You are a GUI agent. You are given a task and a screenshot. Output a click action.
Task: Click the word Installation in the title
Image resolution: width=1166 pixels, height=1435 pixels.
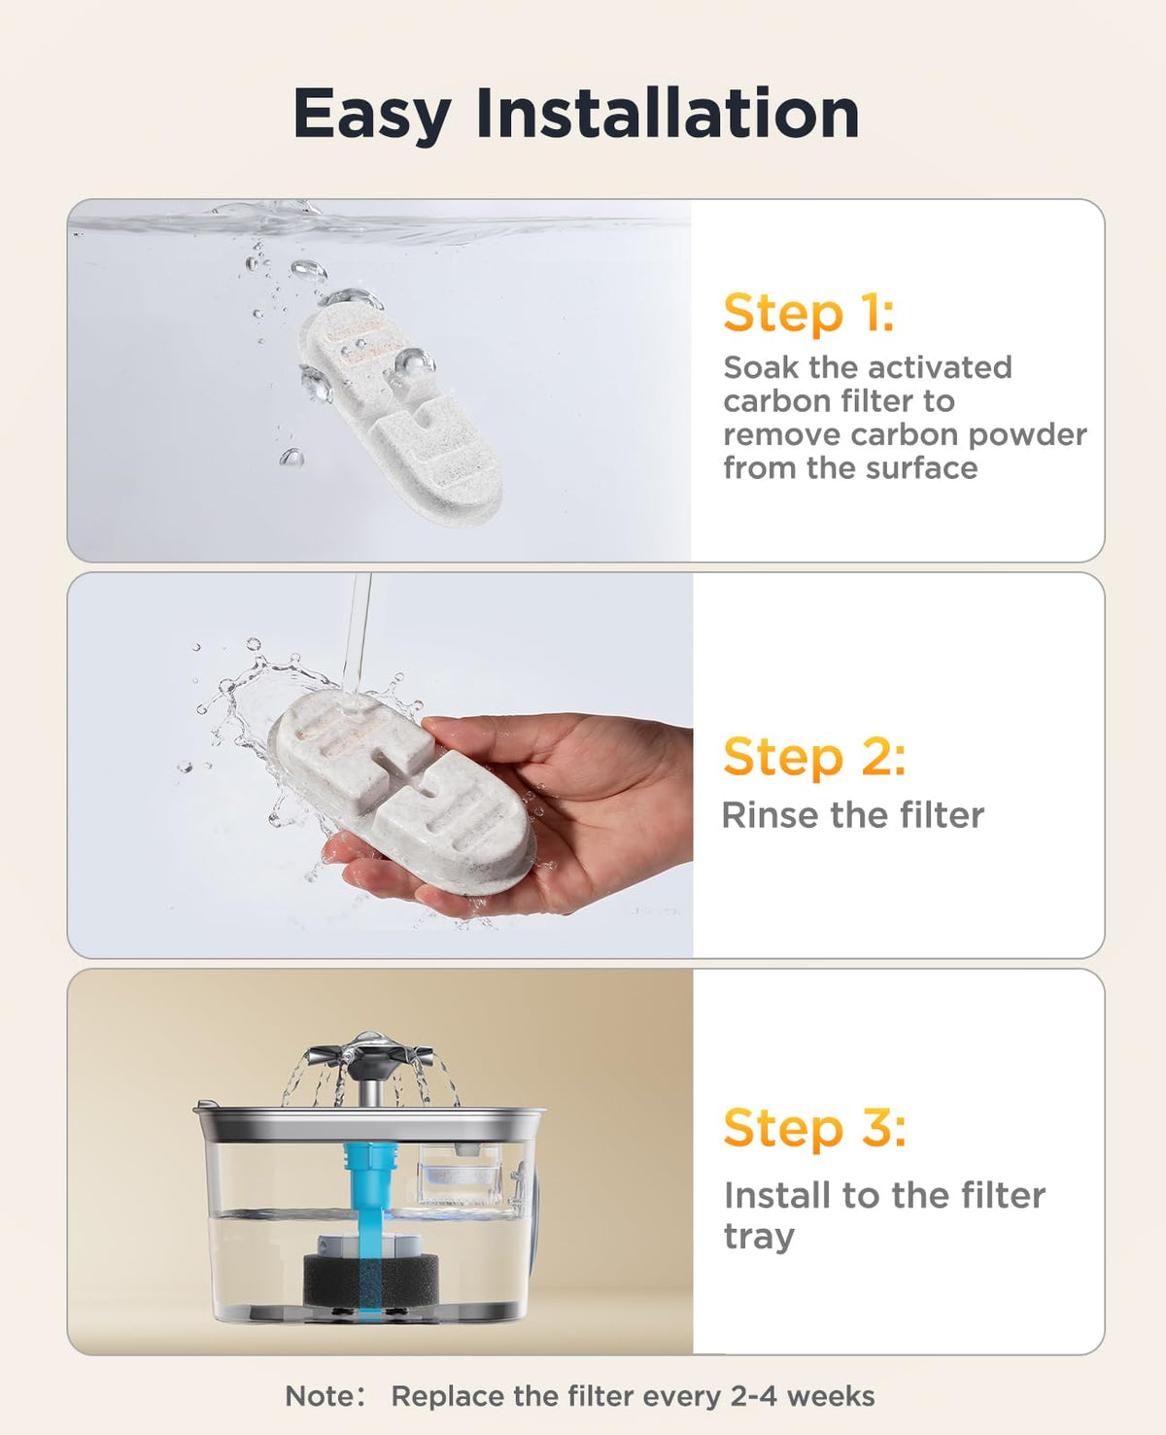[668, 113]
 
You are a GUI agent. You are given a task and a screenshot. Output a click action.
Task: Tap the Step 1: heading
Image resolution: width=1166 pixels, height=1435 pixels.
[809, 314]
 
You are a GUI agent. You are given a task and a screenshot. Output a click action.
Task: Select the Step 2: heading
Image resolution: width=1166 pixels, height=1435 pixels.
[814, 758]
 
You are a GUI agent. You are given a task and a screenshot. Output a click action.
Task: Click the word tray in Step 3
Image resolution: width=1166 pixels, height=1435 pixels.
[759, 1239]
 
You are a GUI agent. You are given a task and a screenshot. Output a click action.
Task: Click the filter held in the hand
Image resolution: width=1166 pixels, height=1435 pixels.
[402, 795]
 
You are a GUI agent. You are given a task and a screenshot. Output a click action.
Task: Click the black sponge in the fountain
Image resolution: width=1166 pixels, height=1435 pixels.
[370, 1281]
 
